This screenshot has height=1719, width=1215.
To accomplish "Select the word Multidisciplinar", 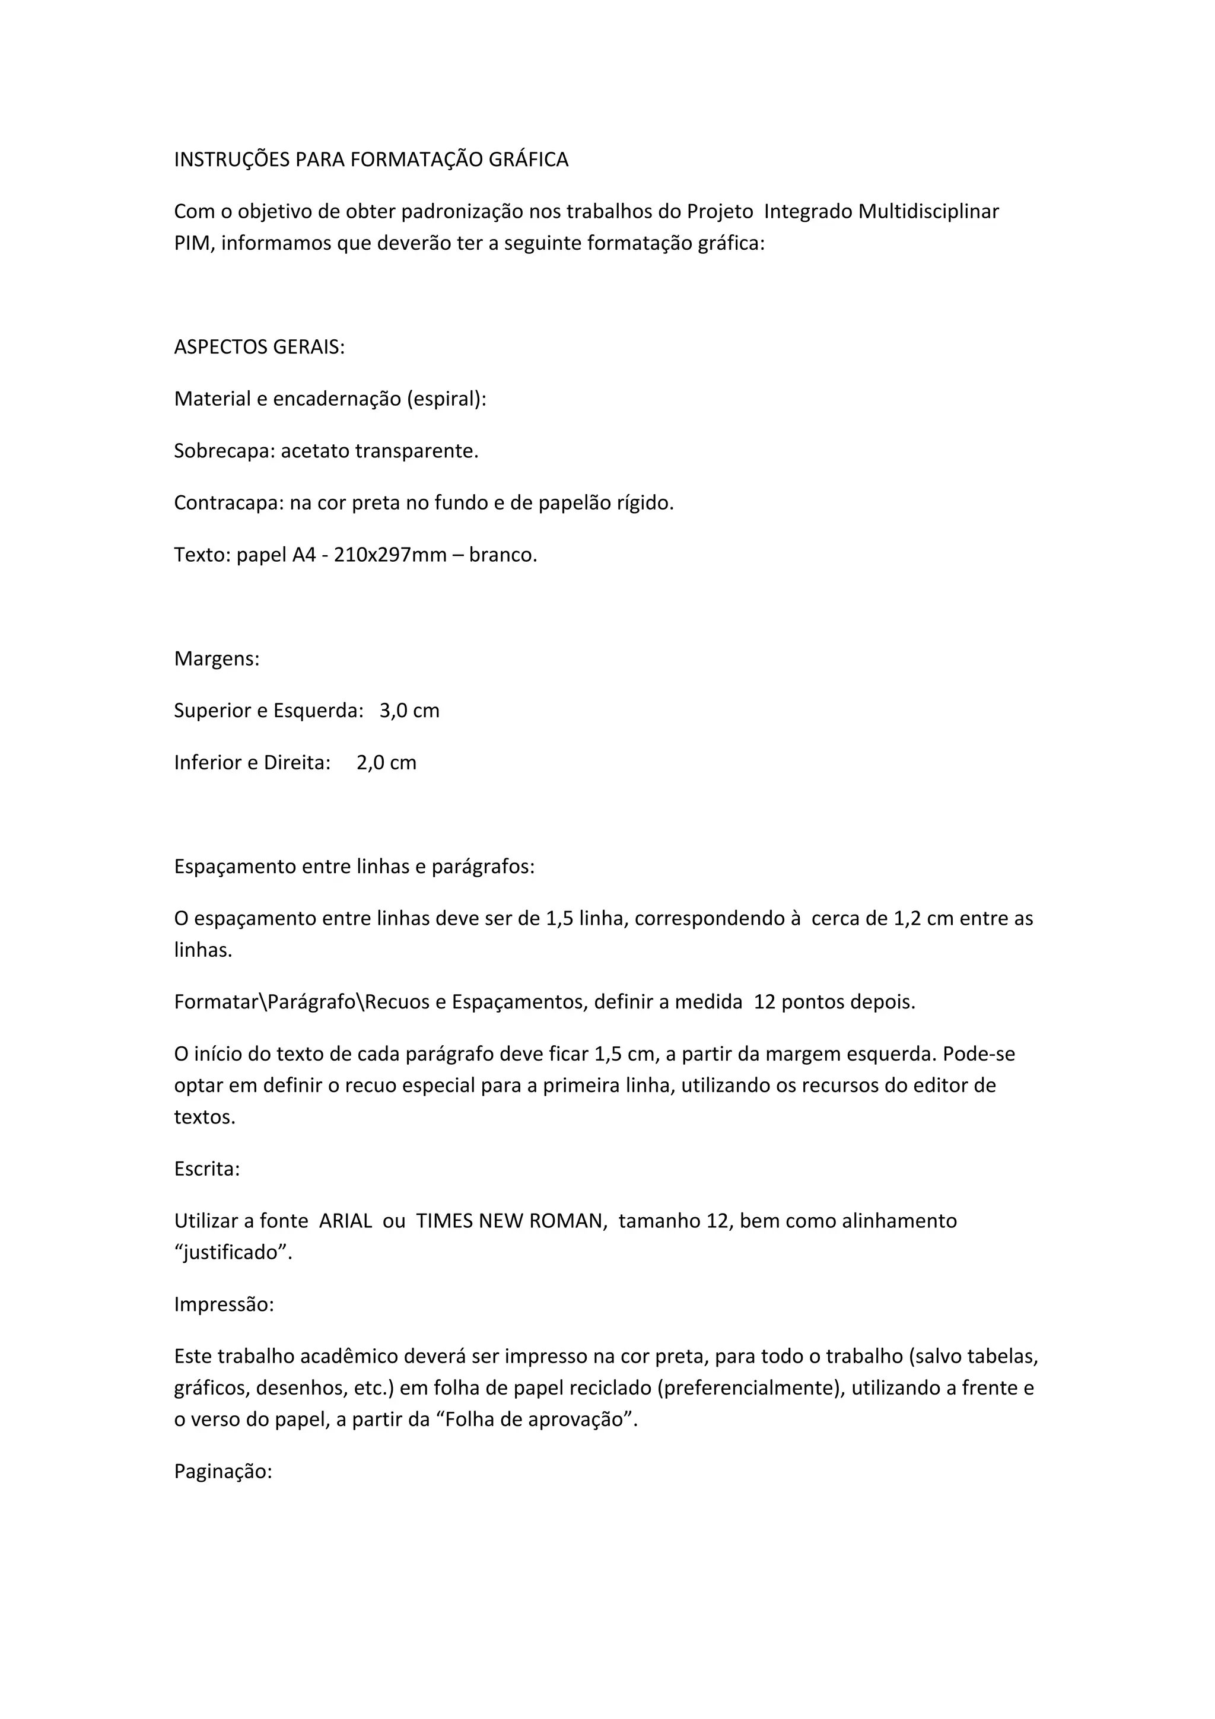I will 928,212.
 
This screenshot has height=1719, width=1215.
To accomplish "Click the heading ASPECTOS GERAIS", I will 259,348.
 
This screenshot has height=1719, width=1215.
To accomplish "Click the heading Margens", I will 217,659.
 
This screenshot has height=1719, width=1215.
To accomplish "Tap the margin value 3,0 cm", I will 409,711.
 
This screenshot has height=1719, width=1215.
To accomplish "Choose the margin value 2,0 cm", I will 386,763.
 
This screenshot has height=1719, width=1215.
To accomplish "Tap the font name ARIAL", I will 345,1221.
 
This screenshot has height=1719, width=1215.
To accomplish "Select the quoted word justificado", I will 233,1253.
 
